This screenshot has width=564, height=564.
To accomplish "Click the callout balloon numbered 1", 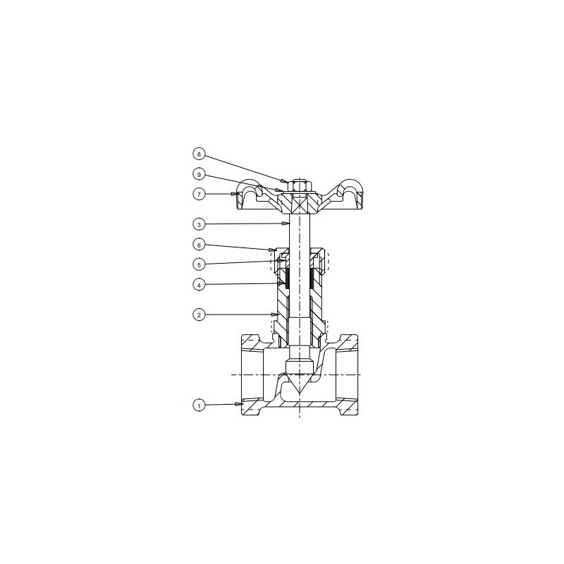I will tap(199, 405).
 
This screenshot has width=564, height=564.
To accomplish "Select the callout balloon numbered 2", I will tap(199, 314).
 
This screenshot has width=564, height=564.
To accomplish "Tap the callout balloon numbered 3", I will tap(199, 224).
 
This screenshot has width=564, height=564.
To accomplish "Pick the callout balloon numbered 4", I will tap(199, 285).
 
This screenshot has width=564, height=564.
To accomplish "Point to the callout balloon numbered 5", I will tap(199, 264).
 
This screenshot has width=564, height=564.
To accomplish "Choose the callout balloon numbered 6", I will tap(199, 245).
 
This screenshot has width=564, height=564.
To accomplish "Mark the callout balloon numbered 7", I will tap(199, 193).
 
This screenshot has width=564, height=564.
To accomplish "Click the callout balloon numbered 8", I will tap(199, 154).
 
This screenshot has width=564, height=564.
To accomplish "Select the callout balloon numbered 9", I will tap(199, 174).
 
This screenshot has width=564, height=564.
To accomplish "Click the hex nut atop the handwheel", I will tap(300, 186).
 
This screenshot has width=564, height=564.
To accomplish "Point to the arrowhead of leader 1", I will tap(241, 404).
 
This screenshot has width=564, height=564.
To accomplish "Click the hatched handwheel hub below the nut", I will tap(300, 204).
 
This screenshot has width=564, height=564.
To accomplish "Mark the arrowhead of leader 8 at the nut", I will tap(286, 181).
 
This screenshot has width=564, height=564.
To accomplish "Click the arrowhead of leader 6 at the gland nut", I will tap(274, 250).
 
